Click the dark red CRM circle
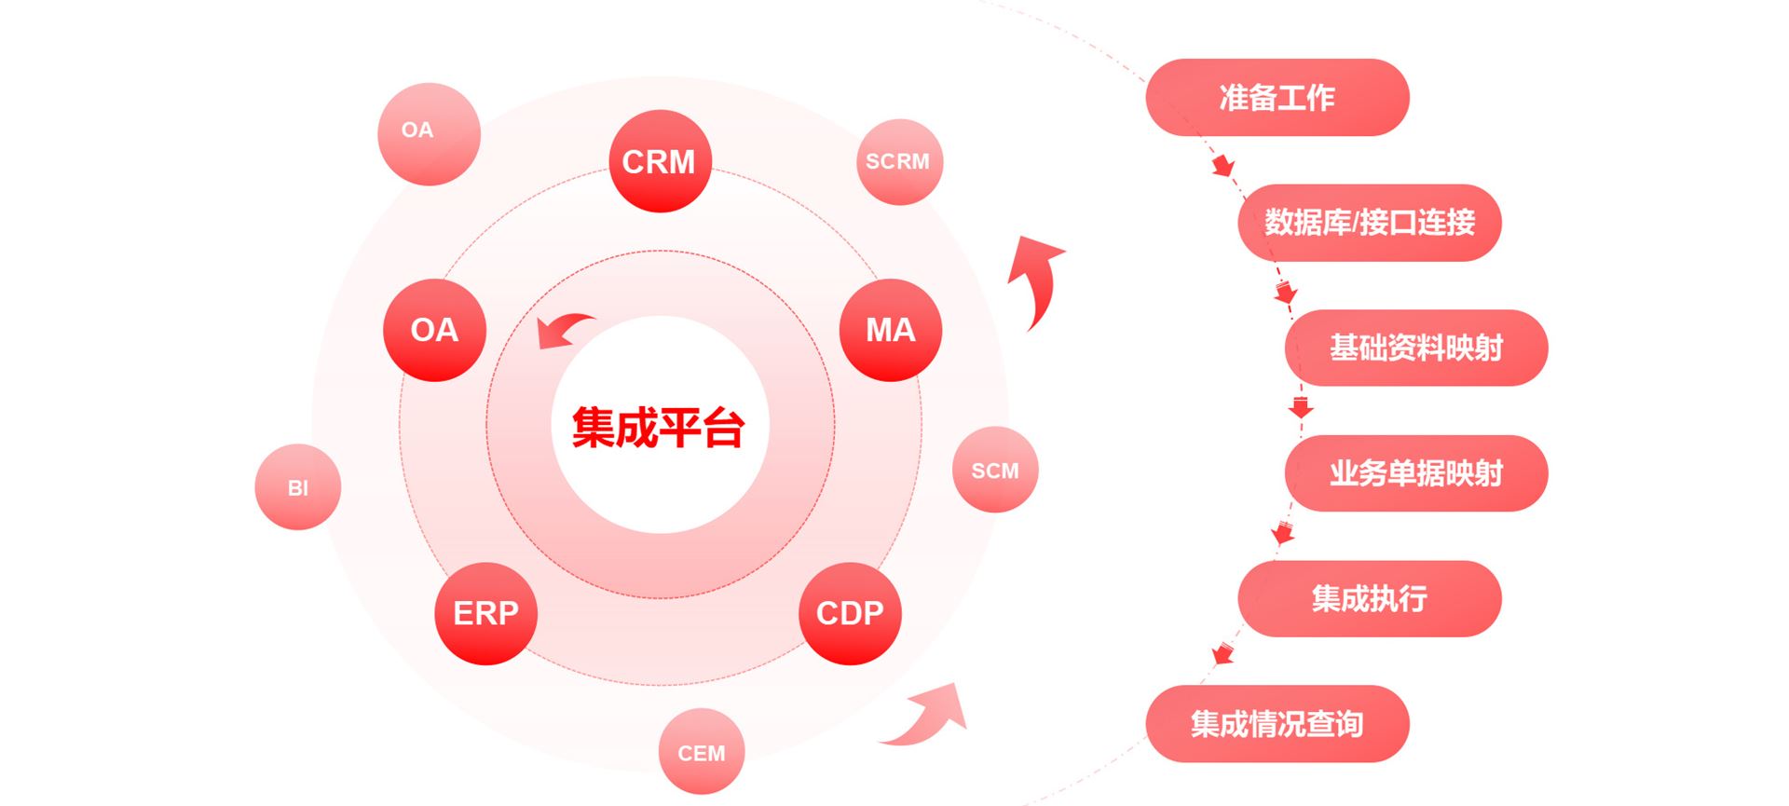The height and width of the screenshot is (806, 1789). coord(660,161)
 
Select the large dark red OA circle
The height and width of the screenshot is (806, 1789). coord(434,330)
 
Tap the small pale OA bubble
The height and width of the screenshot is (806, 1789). coord(429,133)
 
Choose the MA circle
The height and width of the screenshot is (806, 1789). coord(890,330)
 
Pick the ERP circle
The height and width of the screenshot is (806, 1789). coord(485,613)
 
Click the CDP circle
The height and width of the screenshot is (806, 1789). coord(850,613)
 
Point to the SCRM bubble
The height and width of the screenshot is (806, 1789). coord(899,161)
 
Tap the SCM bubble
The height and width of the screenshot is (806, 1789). coord(995,470)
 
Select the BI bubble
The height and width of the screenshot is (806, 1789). coord(298,487)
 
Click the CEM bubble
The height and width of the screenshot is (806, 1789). coord(702,752)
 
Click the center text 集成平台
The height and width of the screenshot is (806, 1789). coord(659,428)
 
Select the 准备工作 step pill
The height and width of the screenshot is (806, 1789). coord(1277,97)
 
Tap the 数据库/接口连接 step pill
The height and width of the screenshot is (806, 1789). coord(1369,223)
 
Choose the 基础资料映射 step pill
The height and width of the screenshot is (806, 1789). coord(1415,348)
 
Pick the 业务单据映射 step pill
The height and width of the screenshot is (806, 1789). coord(1415,473)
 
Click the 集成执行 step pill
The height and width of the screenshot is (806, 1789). coord(1369,598)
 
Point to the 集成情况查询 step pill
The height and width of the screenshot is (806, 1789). coord(1277,724)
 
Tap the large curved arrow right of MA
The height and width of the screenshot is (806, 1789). coord(1038,277)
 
